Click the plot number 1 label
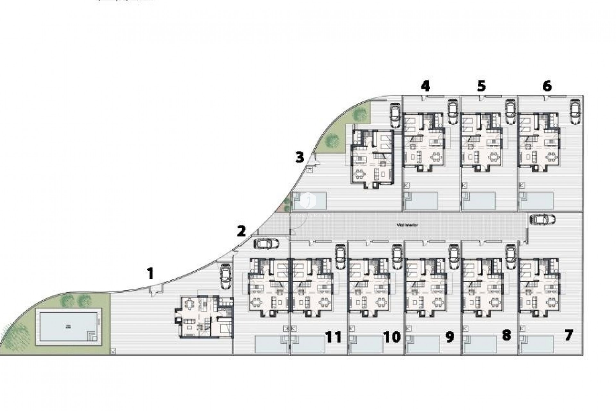click(x=150, y=274)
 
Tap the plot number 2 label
click(x=241, y=231)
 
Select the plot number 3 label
click(x=299, y=158)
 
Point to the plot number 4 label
click(x=425, y=86)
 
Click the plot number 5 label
click(x=481, y=86)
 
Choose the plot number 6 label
click(x=547, y=86)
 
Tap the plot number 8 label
click(x=506, y=336)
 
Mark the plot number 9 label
click(x=450, y=337)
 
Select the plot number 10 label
click(x=392, y=337)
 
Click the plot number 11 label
click(x=334, y=337)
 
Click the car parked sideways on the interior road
click(x=543, y=219)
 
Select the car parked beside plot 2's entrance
click(x=266, y=244)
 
